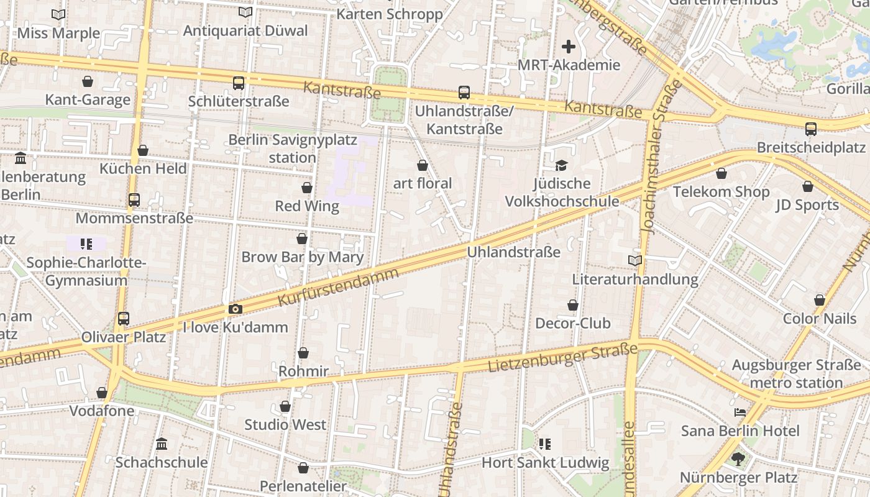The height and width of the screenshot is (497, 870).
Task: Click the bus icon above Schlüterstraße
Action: (239, 83)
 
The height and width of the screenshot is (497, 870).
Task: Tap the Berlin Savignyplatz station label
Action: (293, 148)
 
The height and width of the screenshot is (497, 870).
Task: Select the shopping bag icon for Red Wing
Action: (306, 188)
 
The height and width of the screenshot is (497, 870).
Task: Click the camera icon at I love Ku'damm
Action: (235, 309)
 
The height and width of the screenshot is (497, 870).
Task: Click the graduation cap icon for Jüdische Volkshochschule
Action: (562, 165)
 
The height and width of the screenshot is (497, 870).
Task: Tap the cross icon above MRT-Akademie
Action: (569, 47)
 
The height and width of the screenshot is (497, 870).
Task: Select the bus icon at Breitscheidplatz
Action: (811, 129)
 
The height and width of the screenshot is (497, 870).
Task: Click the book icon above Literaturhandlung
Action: (635, 261)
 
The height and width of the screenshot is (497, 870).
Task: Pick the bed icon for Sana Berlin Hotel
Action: (740, 413)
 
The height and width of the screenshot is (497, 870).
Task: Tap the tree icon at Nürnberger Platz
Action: (738, 459)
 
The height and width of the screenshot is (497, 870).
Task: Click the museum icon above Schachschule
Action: (162, 444)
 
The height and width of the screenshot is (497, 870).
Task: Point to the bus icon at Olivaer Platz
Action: (124, 319)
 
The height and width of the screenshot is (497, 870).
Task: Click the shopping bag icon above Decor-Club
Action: (573, 305)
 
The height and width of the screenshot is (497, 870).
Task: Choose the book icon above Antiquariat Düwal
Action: (245, 12)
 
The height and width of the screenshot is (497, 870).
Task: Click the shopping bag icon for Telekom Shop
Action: (721, 173)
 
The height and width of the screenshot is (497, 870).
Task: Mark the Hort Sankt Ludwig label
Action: (546, 463)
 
